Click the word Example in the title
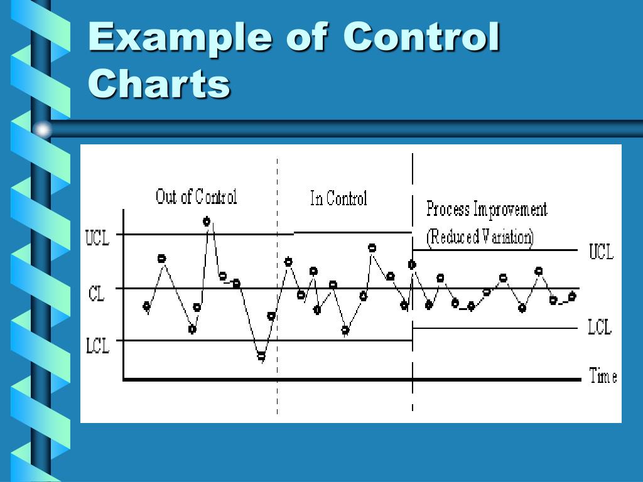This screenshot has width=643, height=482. coord(180,38)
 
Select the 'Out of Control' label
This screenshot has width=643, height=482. coord(196,197)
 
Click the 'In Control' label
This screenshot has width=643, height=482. coord(338,199)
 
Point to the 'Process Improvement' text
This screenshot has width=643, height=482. coord(487,209)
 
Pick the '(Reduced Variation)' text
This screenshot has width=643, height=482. coord(480,237)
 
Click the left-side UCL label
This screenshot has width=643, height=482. coord(97,238)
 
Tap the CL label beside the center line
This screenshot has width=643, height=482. coord(97,294)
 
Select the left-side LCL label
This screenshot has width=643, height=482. coord(97,345)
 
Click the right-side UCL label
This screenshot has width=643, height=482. coord(601,252)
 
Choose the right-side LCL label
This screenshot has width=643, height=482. coord(600,327)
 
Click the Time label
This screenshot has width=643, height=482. coord(603,377)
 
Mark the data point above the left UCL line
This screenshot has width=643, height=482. coord(207,221)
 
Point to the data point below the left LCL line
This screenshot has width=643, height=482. coord(261,356)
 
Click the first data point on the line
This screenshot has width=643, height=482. coord(147,306)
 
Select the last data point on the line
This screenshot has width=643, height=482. coord(572,296)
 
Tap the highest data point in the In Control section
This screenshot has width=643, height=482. coord(372,248)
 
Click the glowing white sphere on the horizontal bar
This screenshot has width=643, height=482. coord(43,130)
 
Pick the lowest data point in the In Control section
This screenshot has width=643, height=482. coord(345,329)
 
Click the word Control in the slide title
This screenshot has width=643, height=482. coord(421,38)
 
